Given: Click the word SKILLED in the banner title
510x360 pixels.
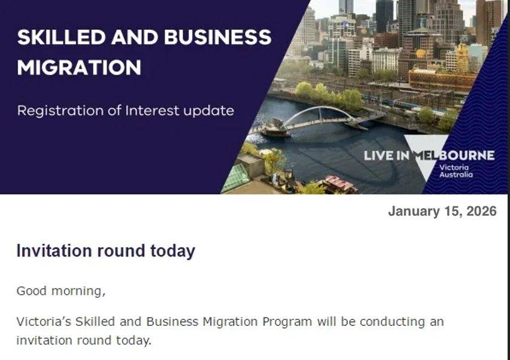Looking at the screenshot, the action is point(62,37).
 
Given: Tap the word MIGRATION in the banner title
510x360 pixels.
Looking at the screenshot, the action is point(79,68).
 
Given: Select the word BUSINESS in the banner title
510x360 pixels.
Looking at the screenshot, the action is point(218,37).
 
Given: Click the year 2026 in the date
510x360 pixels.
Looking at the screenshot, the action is point(481,211).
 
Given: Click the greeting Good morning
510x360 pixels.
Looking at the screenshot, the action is point(61,291).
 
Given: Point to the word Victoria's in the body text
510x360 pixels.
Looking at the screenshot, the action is point(44,322).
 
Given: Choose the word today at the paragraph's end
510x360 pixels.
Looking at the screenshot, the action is point(133,340).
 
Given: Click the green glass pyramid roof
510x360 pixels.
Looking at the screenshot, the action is point(236,178).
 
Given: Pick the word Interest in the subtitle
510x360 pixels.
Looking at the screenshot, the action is point(153,111).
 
